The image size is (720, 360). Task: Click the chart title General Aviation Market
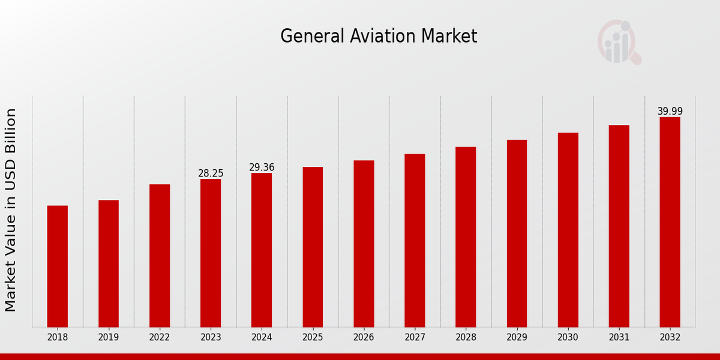(379, 37)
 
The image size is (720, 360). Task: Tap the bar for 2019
(109, 263)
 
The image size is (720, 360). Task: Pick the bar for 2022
(160, 256)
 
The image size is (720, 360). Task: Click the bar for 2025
(313, 247)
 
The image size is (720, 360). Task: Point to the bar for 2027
(415, 240)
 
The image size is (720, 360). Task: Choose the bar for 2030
(568, 230)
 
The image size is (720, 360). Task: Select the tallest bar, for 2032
(670, 222)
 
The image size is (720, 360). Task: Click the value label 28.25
(211, 173)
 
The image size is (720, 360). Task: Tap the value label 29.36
(262, 167)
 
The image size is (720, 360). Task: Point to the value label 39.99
(670, 112)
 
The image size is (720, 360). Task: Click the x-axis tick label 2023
(211, 338)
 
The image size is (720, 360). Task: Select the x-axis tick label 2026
(364, 338)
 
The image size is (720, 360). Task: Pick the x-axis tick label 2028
(466, 338)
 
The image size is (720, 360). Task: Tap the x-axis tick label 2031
(619, 338)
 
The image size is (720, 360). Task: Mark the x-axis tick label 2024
(262, 338)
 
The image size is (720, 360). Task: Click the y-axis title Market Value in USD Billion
(11, 210)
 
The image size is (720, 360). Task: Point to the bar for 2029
(517, 233)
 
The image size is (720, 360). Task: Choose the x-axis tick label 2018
(58, 338)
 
